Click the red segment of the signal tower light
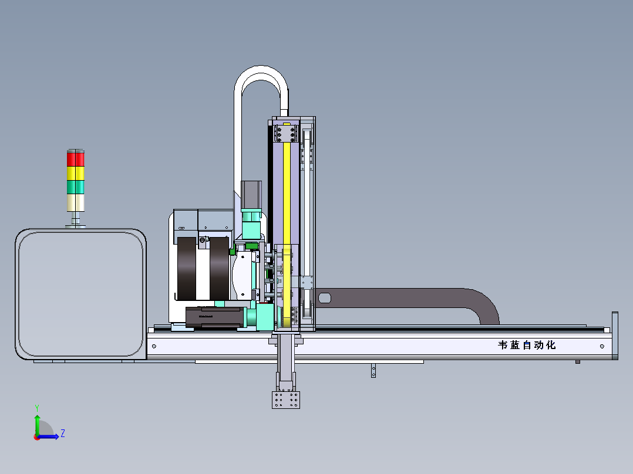coord(76,159)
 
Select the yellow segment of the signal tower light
coord(76,173)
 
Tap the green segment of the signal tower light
coord(76,187)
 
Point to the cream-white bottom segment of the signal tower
coord(76,202)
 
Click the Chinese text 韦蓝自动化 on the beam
coord(526,346)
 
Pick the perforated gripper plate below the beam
coord(287,400)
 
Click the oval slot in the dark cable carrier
coord(324,298)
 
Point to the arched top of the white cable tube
coord(262,73)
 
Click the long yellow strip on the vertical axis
coord(287,188)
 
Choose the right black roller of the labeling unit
coord(220,267)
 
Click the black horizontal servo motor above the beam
coord(213,317)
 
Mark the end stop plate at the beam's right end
coord(615,336)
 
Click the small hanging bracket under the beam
coord(373,371)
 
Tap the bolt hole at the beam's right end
coord(602,346)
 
